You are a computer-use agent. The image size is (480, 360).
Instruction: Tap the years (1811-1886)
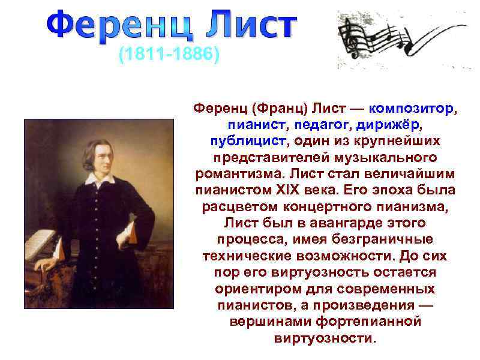(x=169, y=56)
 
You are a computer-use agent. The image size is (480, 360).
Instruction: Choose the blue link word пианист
(x=252, y=125)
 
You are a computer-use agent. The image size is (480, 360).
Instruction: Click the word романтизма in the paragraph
(x=240, y=174)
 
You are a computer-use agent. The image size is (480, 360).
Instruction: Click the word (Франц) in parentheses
(x=280, y=109)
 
